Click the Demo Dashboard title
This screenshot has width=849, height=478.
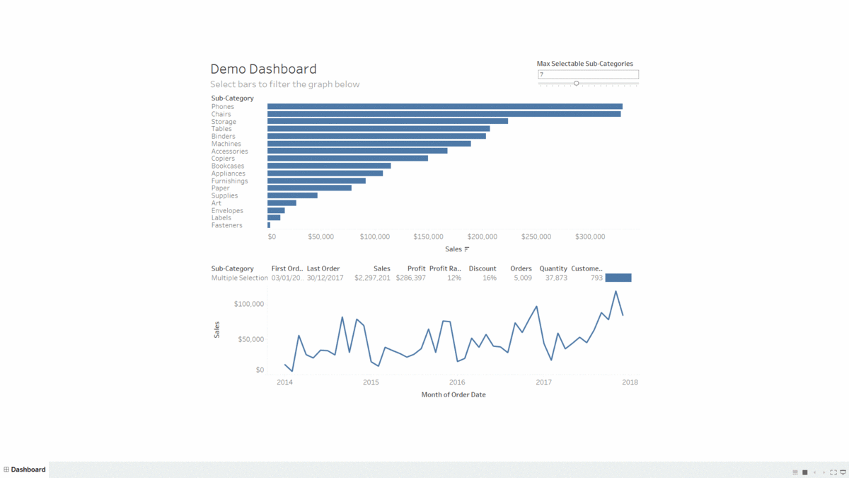[263, 69]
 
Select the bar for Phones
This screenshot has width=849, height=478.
[444, 107]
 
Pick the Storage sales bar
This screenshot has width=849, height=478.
[387, 121]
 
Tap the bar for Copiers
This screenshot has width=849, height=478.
[347, 159]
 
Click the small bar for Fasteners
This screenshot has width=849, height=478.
[269, 225]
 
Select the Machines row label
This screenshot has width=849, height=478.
[226, 144]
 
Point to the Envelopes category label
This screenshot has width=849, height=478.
[227, 210]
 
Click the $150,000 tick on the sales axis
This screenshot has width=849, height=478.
[428, 237]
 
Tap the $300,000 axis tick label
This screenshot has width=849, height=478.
[589, 237]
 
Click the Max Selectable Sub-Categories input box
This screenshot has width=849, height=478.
[587, 74]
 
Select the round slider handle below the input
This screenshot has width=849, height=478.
[577, 84]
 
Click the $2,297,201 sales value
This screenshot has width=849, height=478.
[372, 278]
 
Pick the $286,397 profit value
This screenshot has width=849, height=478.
[410, 278]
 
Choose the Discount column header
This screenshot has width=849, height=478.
[482, 268]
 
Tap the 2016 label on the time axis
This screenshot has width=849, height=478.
[457, 382]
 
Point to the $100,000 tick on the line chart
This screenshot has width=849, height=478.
[248, 305]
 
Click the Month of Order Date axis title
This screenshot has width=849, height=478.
[454, 394]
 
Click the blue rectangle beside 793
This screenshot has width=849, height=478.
[618, 278]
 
